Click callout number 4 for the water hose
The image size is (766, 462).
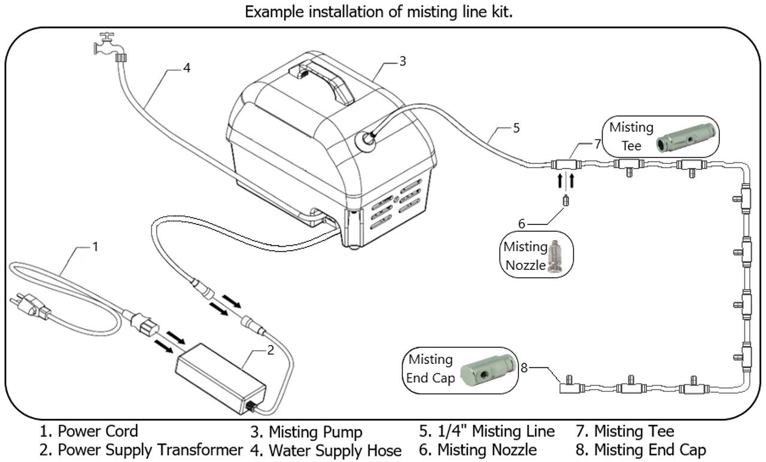click(187, 68)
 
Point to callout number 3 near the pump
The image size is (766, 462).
click(403, 60)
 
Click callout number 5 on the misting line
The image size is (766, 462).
click(516, 127)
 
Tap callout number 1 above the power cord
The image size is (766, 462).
click(95, 246)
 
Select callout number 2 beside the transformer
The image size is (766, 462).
click(270, 350)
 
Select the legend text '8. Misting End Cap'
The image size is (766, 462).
click(641, 449)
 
